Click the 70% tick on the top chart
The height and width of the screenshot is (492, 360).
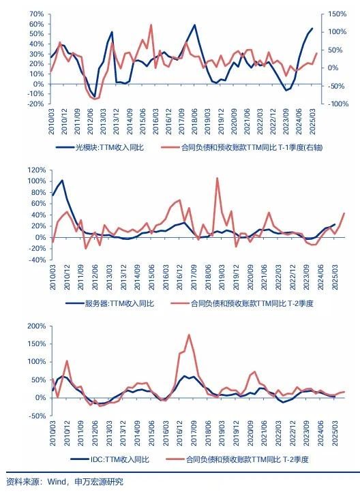point(36,14)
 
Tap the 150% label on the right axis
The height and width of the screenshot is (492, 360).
point(337,14)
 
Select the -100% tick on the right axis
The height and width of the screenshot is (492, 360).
point(337,104)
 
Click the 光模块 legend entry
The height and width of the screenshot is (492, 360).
point(100,147)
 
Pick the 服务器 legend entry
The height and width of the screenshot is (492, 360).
point(110,303)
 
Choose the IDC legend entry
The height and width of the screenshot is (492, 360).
point(110,460)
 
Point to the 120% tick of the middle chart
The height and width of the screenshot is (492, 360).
point(37,170)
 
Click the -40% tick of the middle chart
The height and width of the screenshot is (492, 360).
point(37,260)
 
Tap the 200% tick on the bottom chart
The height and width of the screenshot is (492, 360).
point(37,326)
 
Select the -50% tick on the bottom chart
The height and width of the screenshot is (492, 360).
point(37,416)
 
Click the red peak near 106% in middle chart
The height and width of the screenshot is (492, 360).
point(217,179)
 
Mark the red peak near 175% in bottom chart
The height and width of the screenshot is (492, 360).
point(189,335)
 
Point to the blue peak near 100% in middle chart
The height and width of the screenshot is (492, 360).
point(62,180)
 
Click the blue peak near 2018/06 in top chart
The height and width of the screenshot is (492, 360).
point(194,25)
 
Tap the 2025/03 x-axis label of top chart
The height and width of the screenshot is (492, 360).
point(313,121)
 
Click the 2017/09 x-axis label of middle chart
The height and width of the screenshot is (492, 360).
point(194,277)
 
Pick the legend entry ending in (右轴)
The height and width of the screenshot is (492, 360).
point(241,147)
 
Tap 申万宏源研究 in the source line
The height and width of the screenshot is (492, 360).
point(99,482)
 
